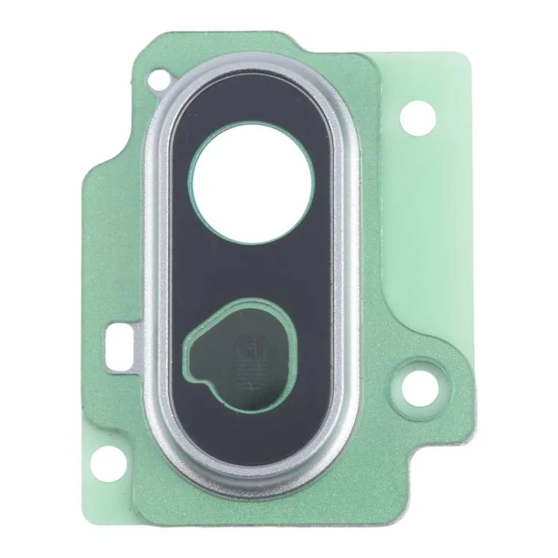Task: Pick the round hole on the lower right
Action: (x=417, y=387)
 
